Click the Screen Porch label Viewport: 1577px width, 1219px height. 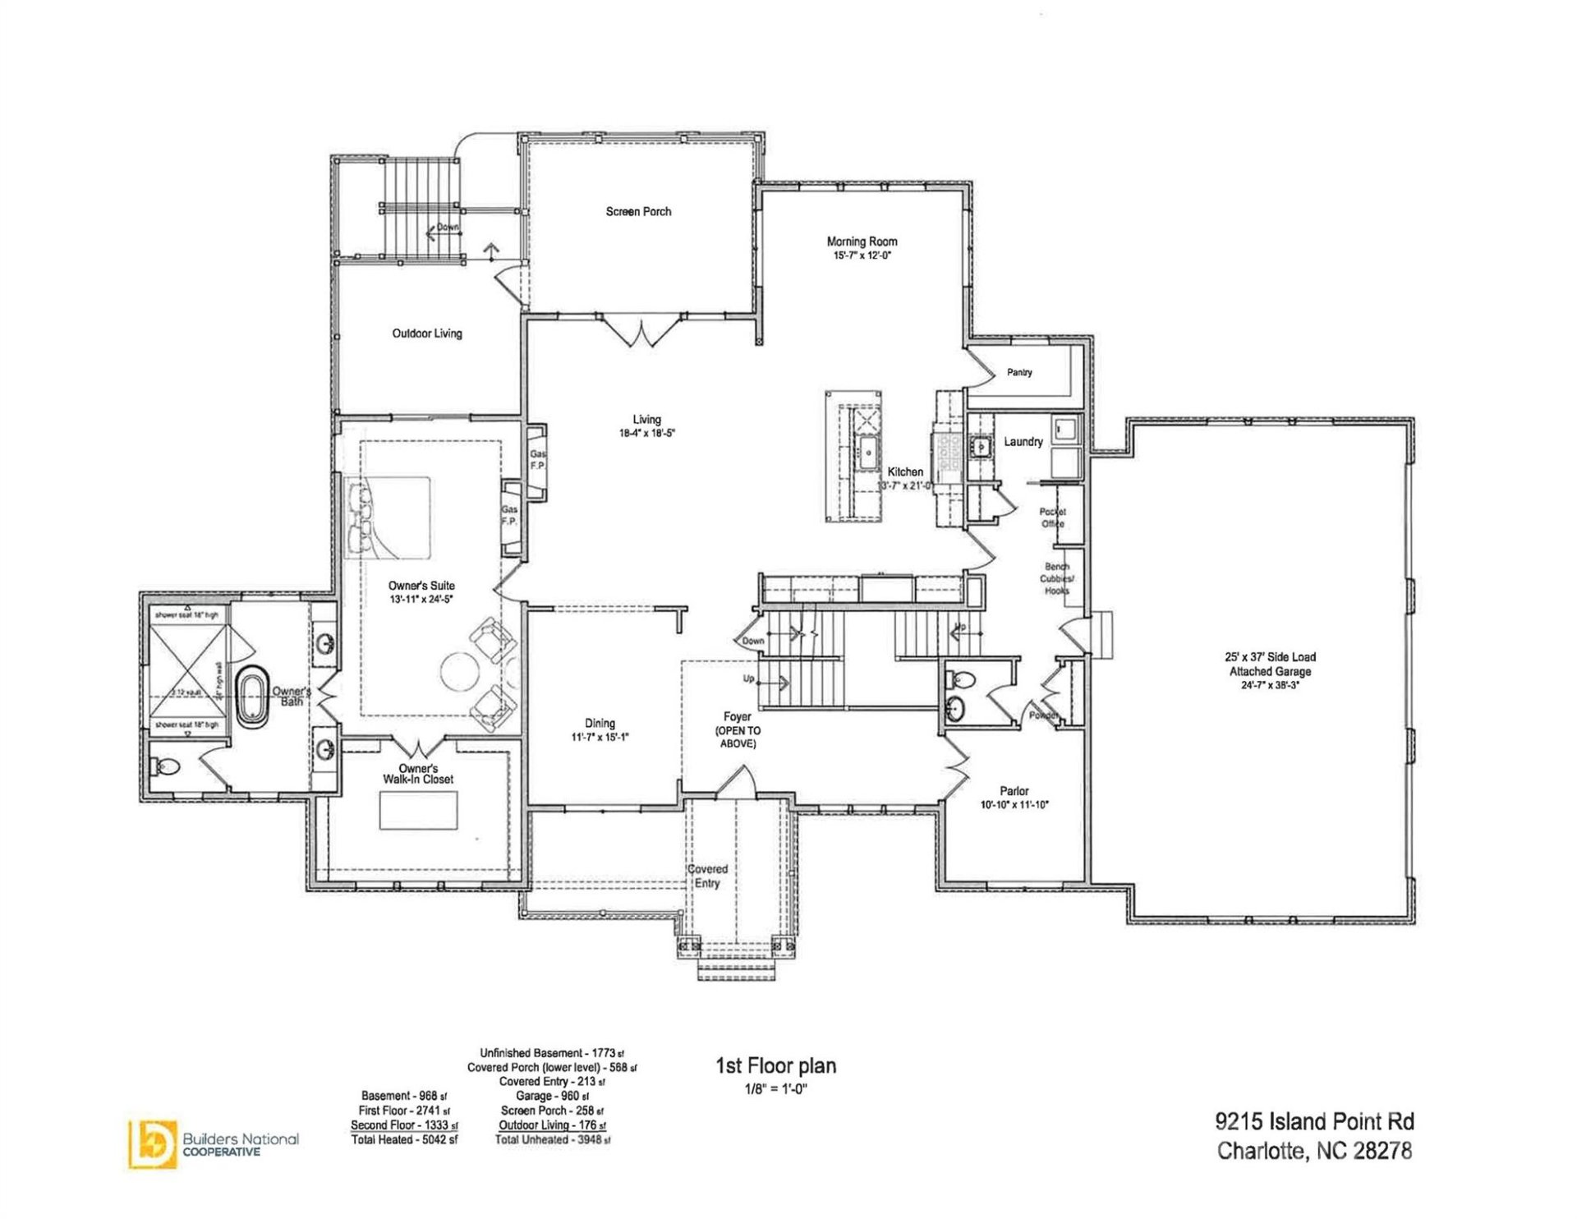[x=638, y=212]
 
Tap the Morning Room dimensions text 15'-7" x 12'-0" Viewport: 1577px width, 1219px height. [x=862, y=256]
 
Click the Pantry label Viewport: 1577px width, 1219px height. [x=1019, y=373]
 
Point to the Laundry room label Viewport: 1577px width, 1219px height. [x=1023, y=442]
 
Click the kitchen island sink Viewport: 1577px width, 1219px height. [x=867, y=452]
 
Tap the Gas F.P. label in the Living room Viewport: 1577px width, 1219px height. [x=537, y=460]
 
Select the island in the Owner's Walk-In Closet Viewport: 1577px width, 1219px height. [x=418, y=811]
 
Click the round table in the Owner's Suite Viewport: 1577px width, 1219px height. [x=460, y=671]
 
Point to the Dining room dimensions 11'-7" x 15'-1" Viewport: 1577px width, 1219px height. [x=600, y=738]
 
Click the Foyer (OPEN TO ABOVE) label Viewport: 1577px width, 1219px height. [x=738, y=730]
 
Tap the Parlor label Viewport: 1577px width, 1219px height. [x=1014, y=791]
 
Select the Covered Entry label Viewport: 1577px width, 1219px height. [x=707, y=876]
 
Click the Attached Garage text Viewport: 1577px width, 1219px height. [x=1270, y=672]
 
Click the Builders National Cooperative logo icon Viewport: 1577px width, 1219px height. [x=152, y=1143]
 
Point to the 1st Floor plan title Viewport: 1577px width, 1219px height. [x=775, y=1066]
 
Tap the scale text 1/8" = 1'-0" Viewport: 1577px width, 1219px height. [x=775, y=1089]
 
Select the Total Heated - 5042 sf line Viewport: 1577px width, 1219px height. [x=404, y=1140]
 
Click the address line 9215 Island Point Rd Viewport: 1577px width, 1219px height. [x=1314, y=1122]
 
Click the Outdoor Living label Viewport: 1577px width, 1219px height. [x=427, y=333]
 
